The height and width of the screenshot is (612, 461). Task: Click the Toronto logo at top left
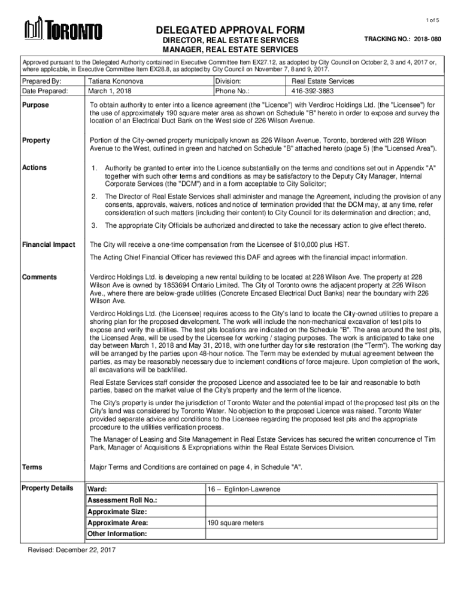63,29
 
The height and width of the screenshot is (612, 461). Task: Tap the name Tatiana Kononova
116,81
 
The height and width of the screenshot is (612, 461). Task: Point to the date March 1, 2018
110,91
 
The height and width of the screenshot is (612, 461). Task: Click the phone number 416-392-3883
314,91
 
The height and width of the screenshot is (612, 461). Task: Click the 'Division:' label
228,81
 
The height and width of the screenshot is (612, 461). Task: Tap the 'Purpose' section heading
35,105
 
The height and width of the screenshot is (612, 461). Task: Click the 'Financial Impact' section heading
48,244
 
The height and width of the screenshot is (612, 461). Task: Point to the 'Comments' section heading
40,277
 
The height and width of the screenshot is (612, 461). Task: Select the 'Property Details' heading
47,488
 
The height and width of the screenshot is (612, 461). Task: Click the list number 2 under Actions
94,197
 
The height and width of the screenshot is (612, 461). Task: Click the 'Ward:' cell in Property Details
98,489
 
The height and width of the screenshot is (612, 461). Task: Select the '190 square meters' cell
235,523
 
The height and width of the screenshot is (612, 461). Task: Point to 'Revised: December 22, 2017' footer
72,550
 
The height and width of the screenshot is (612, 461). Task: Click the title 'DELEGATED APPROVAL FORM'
230,30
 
